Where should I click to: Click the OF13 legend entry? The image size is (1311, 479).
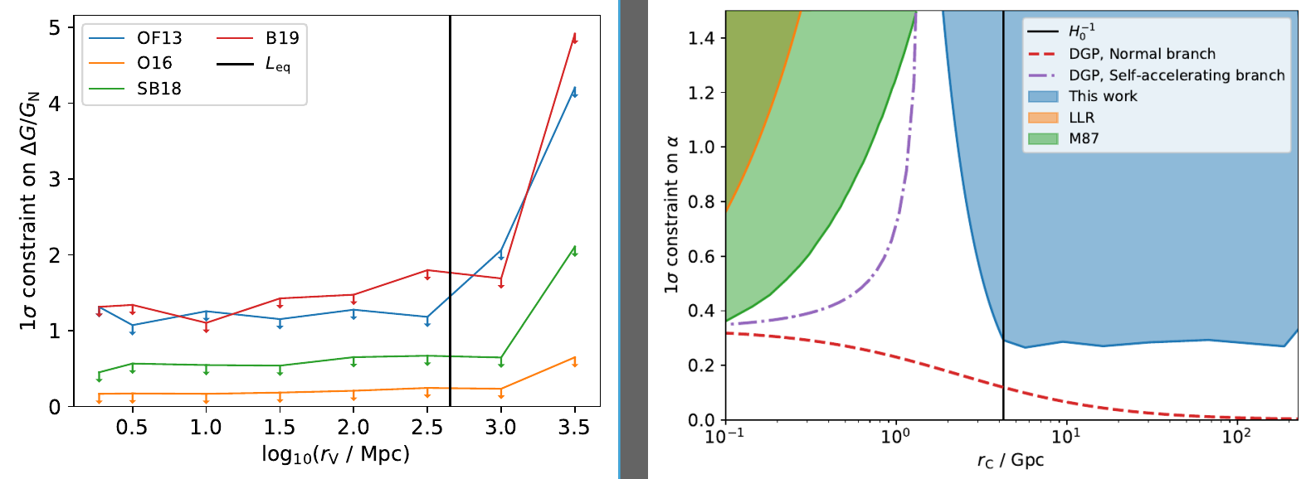point(158,38)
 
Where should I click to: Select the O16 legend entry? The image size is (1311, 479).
point(154,63)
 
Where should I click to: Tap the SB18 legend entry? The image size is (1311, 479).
point(158,89)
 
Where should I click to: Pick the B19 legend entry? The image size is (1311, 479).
point(281,38)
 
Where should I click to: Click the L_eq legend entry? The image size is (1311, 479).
point(277,64)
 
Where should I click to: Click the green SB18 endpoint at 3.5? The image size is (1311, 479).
point(574,247)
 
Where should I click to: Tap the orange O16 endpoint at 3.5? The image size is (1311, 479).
point(574,358)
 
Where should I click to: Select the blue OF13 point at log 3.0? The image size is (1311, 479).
point(500,249)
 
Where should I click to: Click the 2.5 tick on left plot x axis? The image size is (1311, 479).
point(426,428)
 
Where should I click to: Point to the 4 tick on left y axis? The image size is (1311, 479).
point(55,104)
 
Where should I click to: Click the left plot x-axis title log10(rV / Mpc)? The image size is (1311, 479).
point(335,454)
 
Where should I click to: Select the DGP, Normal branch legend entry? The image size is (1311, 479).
point(1141,54)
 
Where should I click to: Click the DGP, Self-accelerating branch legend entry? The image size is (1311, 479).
point(1176,75)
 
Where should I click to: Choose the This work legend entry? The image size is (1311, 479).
point(1103,96)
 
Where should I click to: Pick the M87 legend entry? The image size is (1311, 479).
point(1083,138)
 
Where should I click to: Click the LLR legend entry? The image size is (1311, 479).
point(1081,118)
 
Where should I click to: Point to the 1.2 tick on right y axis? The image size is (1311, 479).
point(702,93)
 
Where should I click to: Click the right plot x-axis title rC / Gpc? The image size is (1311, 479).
point(1010,461)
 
